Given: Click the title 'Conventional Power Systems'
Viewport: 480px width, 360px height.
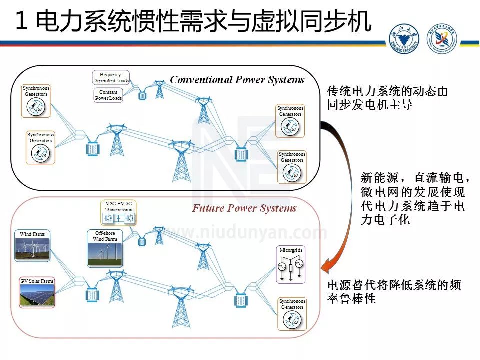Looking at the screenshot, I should pyautogui.click(x=237, y=80).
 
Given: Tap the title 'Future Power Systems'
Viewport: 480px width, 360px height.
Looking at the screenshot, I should pyautogui.click(x=244, y=208).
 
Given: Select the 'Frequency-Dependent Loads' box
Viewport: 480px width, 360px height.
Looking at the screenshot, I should pyautogui.click(x=111, y=77).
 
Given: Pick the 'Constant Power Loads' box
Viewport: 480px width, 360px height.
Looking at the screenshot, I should pyautogui.click(x=108, y=95).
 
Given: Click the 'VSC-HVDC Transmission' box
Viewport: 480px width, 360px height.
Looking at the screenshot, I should pyautogui.click(x=119, y=213).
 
